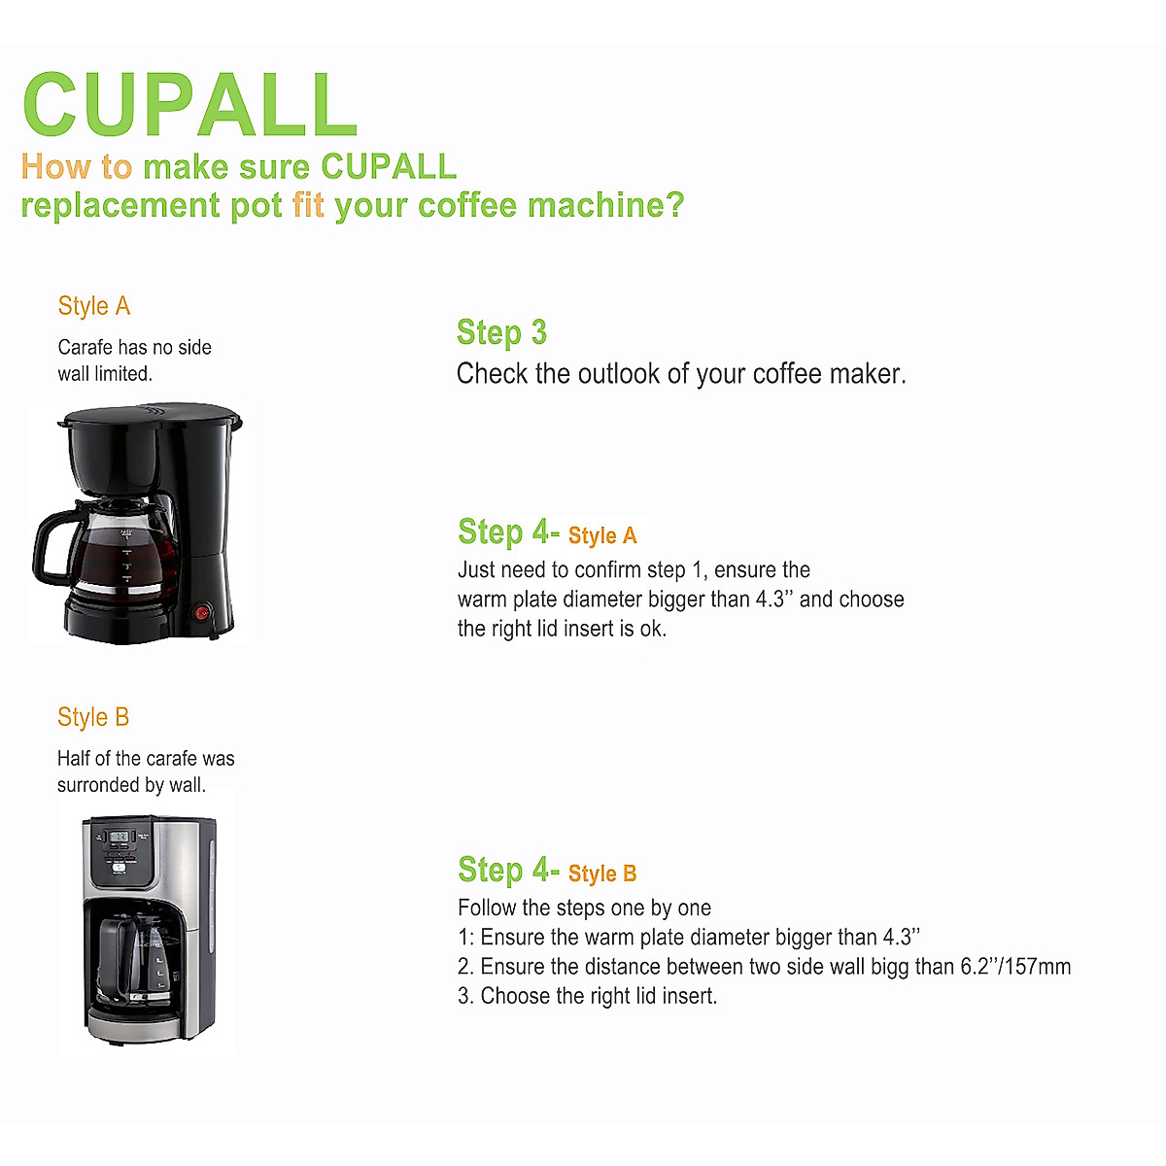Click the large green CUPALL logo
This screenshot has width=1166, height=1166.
(190, 105)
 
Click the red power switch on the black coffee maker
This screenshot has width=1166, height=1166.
(202, 612)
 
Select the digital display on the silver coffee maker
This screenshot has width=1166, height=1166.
(120, 836)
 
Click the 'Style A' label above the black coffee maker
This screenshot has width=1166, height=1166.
(94, 306)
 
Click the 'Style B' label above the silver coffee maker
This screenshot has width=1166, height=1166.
(93, 717)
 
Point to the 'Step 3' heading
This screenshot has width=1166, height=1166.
(501, 332)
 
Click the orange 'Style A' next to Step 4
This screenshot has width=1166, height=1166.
(602, 535)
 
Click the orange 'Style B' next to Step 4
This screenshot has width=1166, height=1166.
(602, 874)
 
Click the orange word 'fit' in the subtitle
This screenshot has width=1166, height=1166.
(308, 206)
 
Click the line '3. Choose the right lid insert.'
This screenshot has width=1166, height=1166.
(587, 996)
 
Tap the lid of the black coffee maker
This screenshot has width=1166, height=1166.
(151, 418)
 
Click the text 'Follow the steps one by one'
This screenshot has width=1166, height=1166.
(584, 909)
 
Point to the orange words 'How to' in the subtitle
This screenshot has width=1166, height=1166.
(76, 167)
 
